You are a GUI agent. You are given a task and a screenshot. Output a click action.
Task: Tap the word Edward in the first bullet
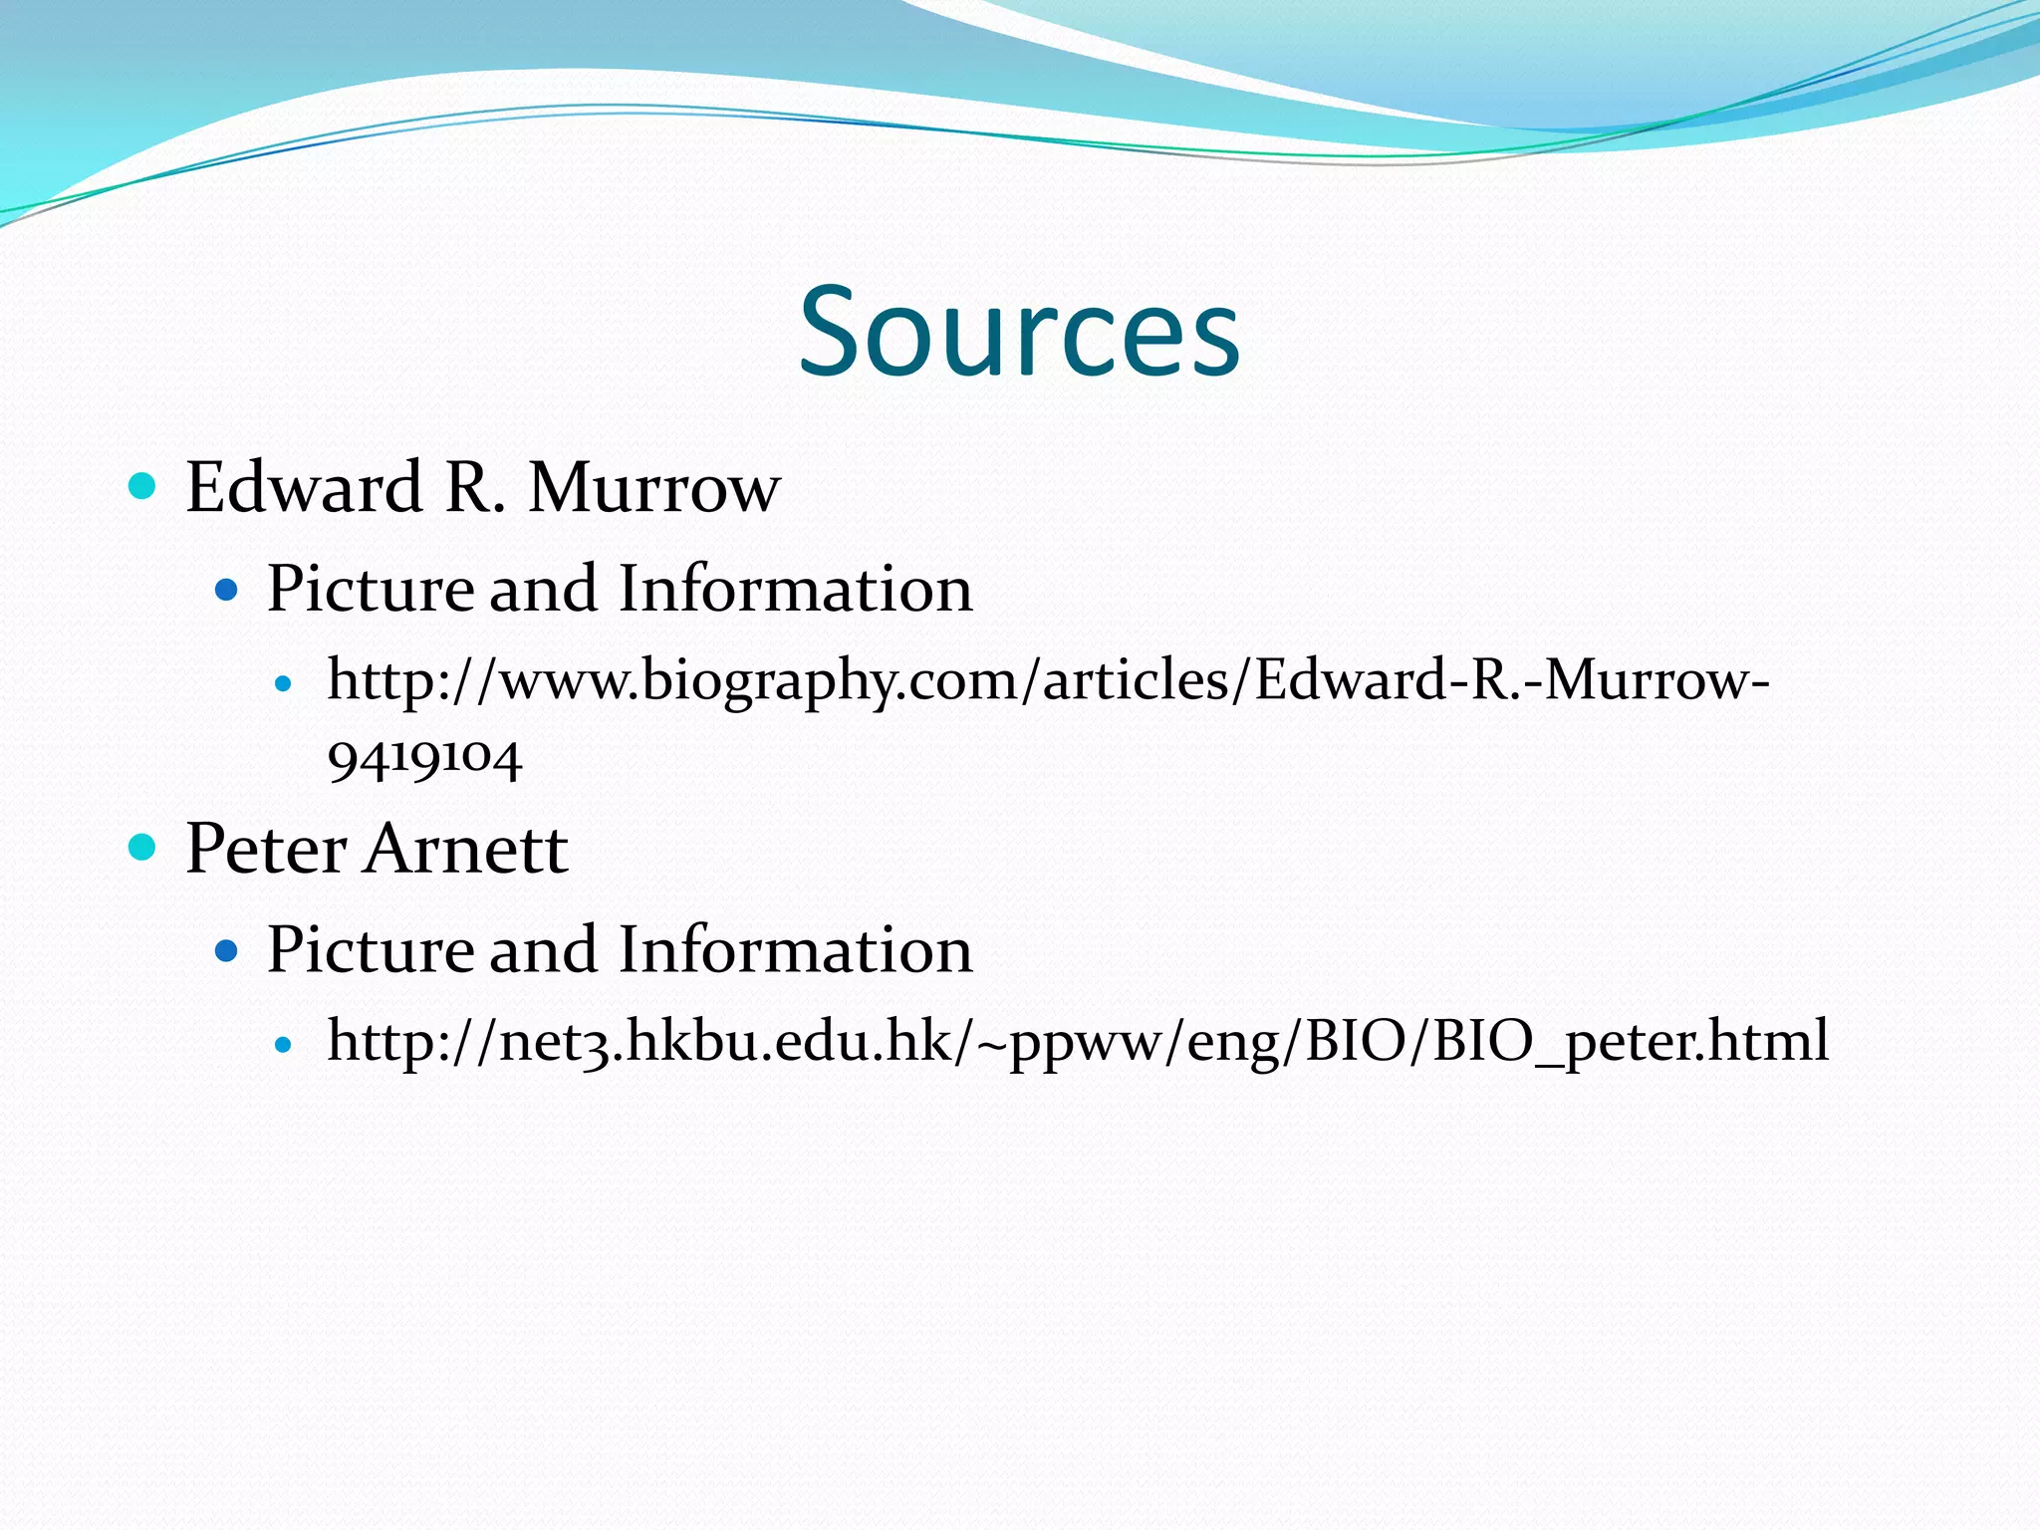click(304, 487)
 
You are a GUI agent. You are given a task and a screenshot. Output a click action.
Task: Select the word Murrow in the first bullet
click(653, 487)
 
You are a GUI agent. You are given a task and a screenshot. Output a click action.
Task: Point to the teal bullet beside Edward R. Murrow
click(143, 486)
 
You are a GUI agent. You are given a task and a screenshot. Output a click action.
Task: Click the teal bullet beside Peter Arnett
click(143, 847)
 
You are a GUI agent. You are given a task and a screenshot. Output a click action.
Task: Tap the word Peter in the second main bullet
click(266, 849)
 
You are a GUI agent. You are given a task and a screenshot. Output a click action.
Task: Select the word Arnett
click(466, 849)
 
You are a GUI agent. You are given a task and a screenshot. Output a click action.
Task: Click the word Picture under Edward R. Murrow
click(371, 588)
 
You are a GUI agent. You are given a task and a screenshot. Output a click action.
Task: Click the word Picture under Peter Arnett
click(371, 948)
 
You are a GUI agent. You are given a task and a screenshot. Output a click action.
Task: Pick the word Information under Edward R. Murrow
click(795, 588)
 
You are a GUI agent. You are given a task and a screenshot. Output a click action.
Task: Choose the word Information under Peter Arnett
click(795, 948)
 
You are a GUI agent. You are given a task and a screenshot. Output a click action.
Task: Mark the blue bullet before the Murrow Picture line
click(227, 590)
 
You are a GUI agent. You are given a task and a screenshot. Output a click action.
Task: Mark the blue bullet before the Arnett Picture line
click(227, 950)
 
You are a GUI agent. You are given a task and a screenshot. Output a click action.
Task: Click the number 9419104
click(424, 759)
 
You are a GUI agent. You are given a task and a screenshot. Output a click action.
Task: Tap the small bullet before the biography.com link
click(284, 684)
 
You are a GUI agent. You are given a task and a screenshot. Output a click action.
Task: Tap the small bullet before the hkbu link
click(284, 1045)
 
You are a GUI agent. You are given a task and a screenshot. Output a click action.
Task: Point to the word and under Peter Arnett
click(547, 948)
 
